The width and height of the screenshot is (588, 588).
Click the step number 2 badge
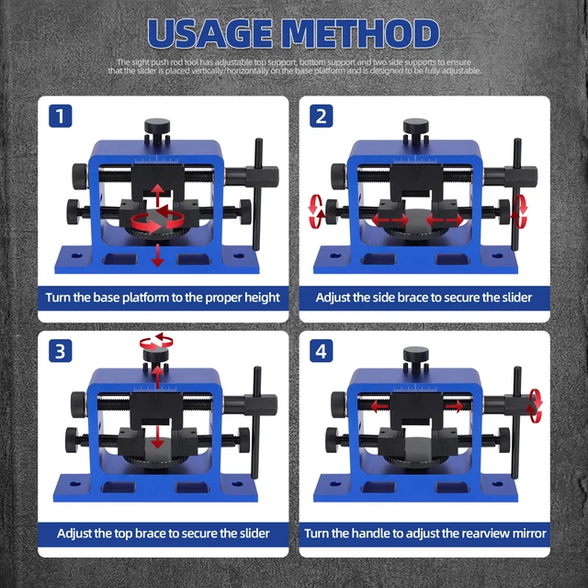[x=321, y=117]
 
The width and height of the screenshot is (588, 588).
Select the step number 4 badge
[x=321, y=350]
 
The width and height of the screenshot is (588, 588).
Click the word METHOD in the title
[x=369, y=33]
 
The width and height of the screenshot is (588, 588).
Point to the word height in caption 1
[x=258, y=298]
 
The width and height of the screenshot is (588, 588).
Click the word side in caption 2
[x=390, y=298]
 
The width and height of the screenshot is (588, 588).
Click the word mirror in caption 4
[x=528, y=533]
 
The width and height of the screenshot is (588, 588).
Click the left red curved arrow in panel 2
[x=317, y=210]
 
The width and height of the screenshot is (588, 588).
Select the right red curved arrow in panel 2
[x=522, y=210]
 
